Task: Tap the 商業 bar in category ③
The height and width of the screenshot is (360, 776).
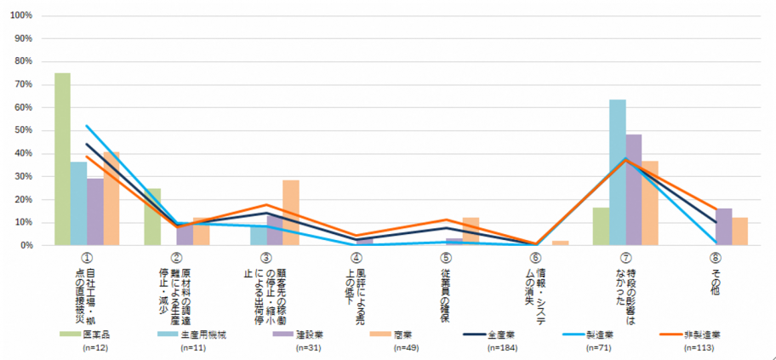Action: point(290,213)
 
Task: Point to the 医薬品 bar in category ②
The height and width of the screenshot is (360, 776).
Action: point(152,217)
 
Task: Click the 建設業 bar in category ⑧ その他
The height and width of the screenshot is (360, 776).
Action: point(723,226)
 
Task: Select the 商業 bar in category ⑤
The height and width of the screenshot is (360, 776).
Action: point(471,231)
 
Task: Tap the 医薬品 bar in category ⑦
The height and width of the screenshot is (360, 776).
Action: point(601,226)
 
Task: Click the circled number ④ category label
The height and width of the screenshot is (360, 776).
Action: point(357,257)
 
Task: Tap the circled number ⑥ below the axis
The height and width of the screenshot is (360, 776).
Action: point(535,257)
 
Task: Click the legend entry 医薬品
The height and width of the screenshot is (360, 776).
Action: point(90,334)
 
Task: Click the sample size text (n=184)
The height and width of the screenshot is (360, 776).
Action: point(507,349)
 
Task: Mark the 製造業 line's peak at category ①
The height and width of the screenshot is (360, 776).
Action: point(87,126)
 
